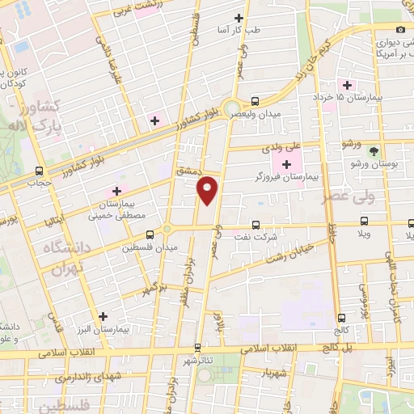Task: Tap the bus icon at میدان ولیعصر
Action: click(x=256, y=101)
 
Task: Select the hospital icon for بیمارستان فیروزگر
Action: click(x=286, y=165)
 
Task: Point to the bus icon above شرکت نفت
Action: click(x=256, y=226)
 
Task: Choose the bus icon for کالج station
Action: click(x=341, y=318)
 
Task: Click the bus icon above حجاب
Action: click(x=39, y=171)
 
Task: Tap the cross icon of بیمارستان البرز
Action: click(x=102, y=316)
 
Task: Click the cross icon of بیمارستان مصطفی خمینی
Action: click(x=116, y=191)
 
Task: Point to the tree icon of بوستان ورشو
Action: click(x=373, y=150)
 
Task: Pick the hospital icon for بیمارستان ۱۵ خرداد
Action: click(x=348, y=85)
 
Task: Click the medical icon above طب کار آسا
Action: click(x=238, y=18)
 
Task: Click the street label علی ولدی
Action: click(x=281, y=148)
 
